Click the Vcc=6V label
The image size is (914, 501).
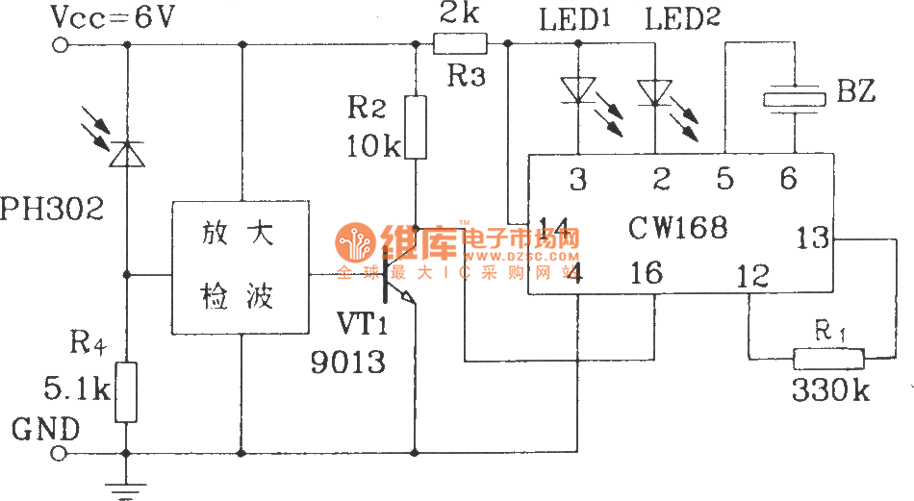(x=113, y=18)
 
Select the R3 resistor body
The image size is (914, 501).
(x=460, y=43)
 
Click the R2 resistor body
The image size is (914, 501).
(x=415, y=127)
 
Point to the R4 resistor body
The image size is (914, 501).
(x=126, y=392)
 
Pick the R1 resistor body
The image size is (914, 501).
(x=829, y=360)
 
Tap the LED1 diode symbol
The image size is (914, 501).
(x=577, y=89)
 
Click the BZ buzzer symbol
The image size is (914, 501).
(x=795, y=98)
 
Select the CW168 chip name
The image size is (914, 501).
(x=678, y=228)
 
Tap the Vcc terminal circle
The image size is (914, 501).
(x=63, y=43)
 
